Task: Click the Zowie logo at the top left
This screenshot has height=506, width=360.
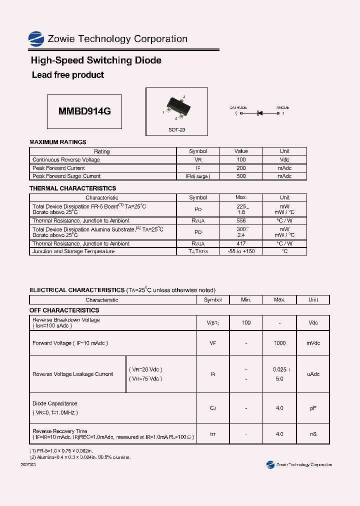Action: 36,39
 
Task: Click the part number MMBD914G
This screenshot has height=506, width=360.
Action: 84,112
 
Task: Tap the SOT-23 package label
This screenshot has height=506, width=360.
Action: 176,129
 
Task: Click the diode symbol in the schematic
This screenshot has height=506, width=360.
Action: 260,113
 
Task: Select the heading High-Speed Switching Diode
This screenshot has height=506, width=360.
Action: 96,60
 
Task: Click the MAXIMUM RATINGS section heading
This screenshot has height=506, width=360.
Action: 58,142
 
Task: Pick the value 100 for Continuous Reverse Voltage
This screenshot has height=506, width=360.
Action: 241,159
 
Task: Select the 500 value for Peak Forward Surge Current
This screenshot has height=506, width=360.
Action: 241,176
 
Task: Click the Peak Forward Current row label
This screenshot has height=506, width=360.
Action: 58,168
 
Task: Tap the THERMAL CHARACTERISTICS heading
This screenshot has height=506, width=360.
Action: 72,188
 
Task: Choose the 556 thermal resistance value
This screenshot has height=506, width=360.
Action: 241,220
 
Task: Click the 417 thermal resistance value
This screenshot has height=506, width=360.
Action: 241,243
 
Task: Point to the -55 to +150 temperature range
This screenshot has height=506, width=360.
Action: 241,251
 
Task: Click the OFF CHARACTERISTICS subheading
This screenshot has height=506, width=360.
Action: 64,310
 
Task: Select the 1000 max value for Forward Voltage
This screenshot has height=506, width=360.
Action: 279,343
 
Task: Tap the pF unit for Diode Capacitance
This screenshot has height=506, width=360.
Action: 313,408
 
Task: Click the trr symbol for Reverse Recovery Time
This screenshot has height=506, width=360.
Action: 213,434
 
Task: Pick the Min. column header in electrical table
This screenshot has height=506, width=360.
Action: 246,300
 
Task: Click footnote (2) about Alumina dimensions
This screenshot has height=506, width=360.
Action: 80,457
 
